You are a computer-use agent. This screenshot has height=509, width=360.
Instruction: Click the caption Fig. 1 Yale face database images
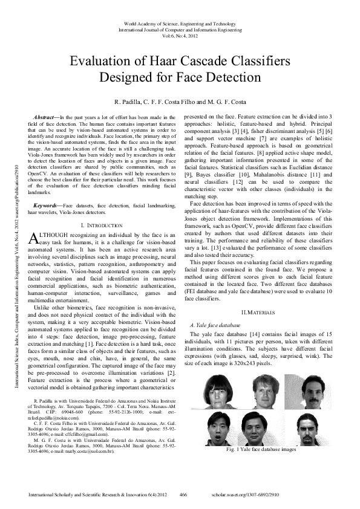(261, 450)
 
